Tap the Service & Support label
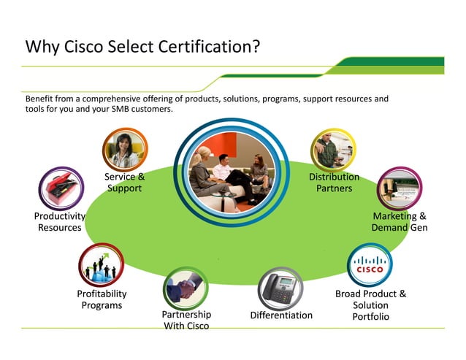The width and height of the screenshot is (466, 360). [x=124, y=183]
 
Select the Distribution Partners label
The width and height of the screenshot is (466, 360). [x=334, y=183]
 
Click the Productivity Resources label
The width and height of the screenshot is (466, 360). [x=60, y=222]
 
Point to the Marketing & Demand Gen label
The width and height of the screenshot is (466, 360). [x=399, y=222]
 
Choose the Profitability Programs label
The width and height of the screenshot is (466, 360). [x=102, y=299]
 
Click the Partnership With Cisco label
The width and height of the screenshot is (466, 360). [x=186, y=320]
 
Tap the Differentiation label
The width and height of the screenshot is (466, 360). [x=281, y=315]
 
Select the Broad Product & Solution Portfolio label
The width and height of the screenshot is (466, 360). [x=370, y=305]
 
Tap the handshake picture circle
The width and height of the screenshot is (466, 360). [x=186, y=288]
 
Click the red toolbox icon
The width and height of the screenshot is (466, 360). [x=61, y=189]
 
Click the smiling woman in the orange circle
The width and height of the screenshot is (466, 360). [x=125, y=150]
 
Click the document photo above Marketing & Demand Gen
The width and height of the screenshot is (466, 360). [x=399, y=189]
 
